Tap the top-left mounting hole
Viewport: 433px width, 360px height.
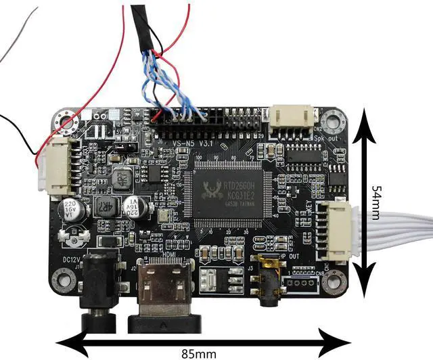click(x=66, y=122)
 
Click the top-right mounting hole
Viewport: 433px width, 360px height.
click(x=333, y=122)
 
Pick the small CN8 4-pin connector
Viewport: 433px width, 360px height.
click(x=301, y=282)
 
